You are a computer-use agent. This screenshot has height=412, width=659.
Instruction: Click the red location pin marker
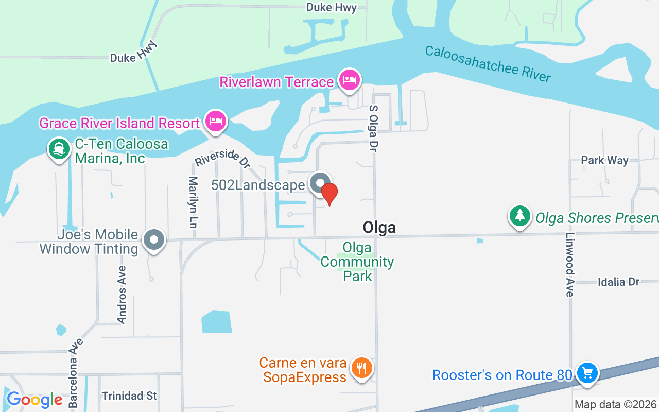(329, 193)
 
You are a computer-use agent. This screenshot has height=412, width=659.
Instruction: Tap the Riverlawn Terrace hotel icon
(350, 80)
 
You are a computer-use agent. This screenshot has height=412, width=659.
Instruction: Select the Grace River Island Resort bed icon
(216, 122)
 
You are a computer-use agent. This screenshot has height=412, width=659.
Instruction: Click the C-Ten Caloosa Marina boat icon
(59, 149)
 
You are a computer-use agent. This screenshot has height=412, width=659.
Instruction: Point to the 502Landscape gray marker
(320, 183)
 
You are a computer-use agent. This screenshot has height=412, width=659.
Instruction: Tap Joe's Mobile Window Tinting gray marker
(154, 240)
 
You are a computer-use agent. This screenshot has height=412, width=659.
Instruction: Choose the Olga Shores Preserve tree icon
(520, 216)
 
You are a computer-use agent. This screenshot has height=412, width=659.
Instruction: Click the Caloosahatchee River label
(488, 64)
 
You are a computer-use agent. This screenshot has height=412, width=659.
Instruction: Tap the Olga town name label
(379, 227)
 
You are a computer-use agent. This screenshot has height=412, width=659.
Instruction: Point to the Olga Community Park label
(357, 262)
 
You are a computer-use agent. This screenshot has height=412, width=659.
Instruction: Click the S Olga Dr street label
(373, 128)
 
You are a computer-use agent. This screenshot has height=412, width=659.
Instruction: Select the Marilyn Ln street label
(193, 202)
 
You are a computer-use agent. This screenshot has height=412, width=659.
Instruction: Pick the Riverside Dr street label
(222, 158)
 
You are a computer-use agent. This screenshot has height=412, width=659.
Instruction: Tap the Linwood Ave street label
(569, 264)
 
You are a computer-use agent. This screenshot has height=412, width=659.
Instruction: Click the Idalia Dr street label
(618, 282)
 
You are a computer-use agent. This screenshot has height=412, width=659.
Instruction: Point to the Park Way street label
(604, 160)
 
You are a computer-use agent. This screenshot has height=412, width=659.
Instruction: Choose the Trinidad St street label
(129, 396)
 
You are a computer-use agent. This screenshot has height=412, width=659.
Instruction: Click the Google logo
(34, 400)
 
